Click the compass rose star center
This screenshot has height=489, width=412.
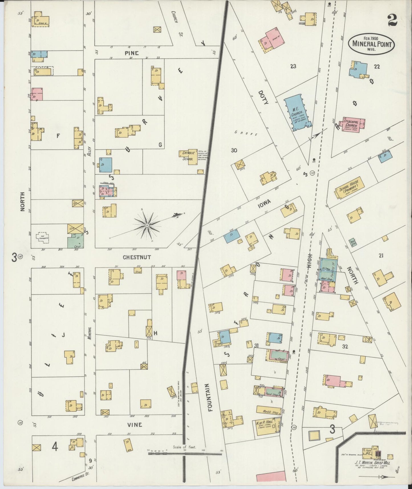tap(147, 226)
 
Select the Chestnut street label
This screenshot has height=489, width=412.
tap(137, 257)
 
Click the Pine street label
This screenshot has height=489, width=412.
tap(131, 53)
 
